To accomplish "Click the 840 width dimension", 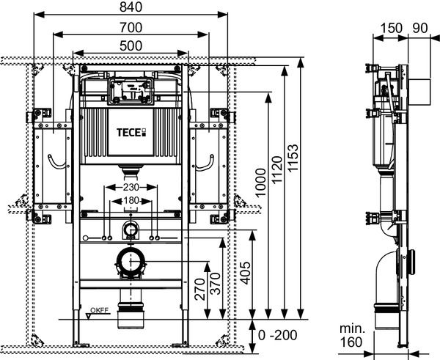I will click(x=132, y=7).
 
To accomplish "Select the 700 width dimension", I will click(x=132, y=26).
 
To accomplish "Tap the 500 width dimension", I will click(x=132, y=45).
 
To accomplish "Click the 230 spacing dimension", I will click(x=132, y=186).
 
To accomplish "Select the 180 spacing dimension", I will click(x=132, y=199).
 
